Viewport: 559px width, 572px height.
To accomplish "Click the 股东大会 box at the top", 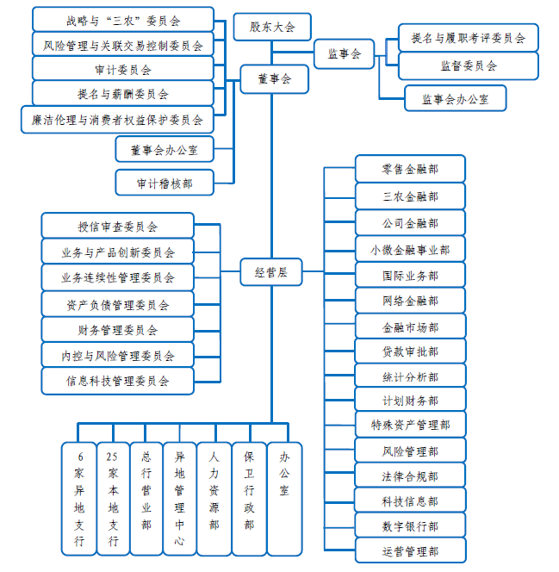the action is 272,27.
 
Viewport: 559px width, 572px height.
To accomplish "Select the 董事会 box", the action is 274,79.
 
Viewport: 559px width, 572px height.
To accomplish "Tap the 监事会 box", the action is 345,54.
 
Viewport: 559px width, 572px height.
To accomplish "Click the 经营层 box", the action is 271,271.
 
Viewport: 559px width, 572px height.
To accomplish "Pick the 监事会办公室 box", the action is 456,98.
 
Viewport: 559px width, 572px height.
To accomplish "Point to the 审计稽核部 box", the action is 165,183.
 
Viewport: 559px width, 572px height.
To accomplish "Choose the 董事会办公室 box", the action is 165,149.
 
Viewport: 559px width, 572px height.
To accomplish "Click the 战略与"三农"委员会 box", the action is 123,20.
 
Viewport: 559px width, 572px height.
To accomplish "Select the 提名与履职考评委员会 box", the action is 469,38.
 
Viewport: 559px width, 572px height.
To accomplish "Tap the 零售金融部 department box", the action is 410,169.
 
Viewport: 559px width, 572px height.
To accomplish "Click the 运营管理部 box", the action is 411,550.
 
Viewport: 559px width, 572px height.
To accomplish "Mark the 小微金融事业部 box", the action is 410,250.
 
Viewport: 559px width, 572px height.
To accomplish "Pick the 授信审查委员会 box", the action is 117,226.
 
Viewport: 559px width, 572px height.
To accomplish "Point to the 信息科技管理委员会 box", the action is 117,381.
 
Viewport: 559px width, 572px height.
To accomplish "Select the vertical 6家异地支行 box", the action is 79,499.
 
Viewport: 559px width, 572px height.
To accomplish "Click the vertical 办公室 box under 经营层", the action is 284,499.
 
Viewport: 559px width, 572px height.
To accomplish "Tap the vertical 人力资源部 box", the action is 214,499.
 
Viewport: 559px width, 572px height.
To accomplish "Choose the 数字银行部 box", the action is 411,525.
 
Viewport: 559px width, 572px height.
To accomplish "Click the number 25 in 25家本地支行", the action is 112,457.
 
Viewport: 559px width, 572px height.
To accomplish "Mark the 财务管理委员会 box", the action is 117,329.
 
